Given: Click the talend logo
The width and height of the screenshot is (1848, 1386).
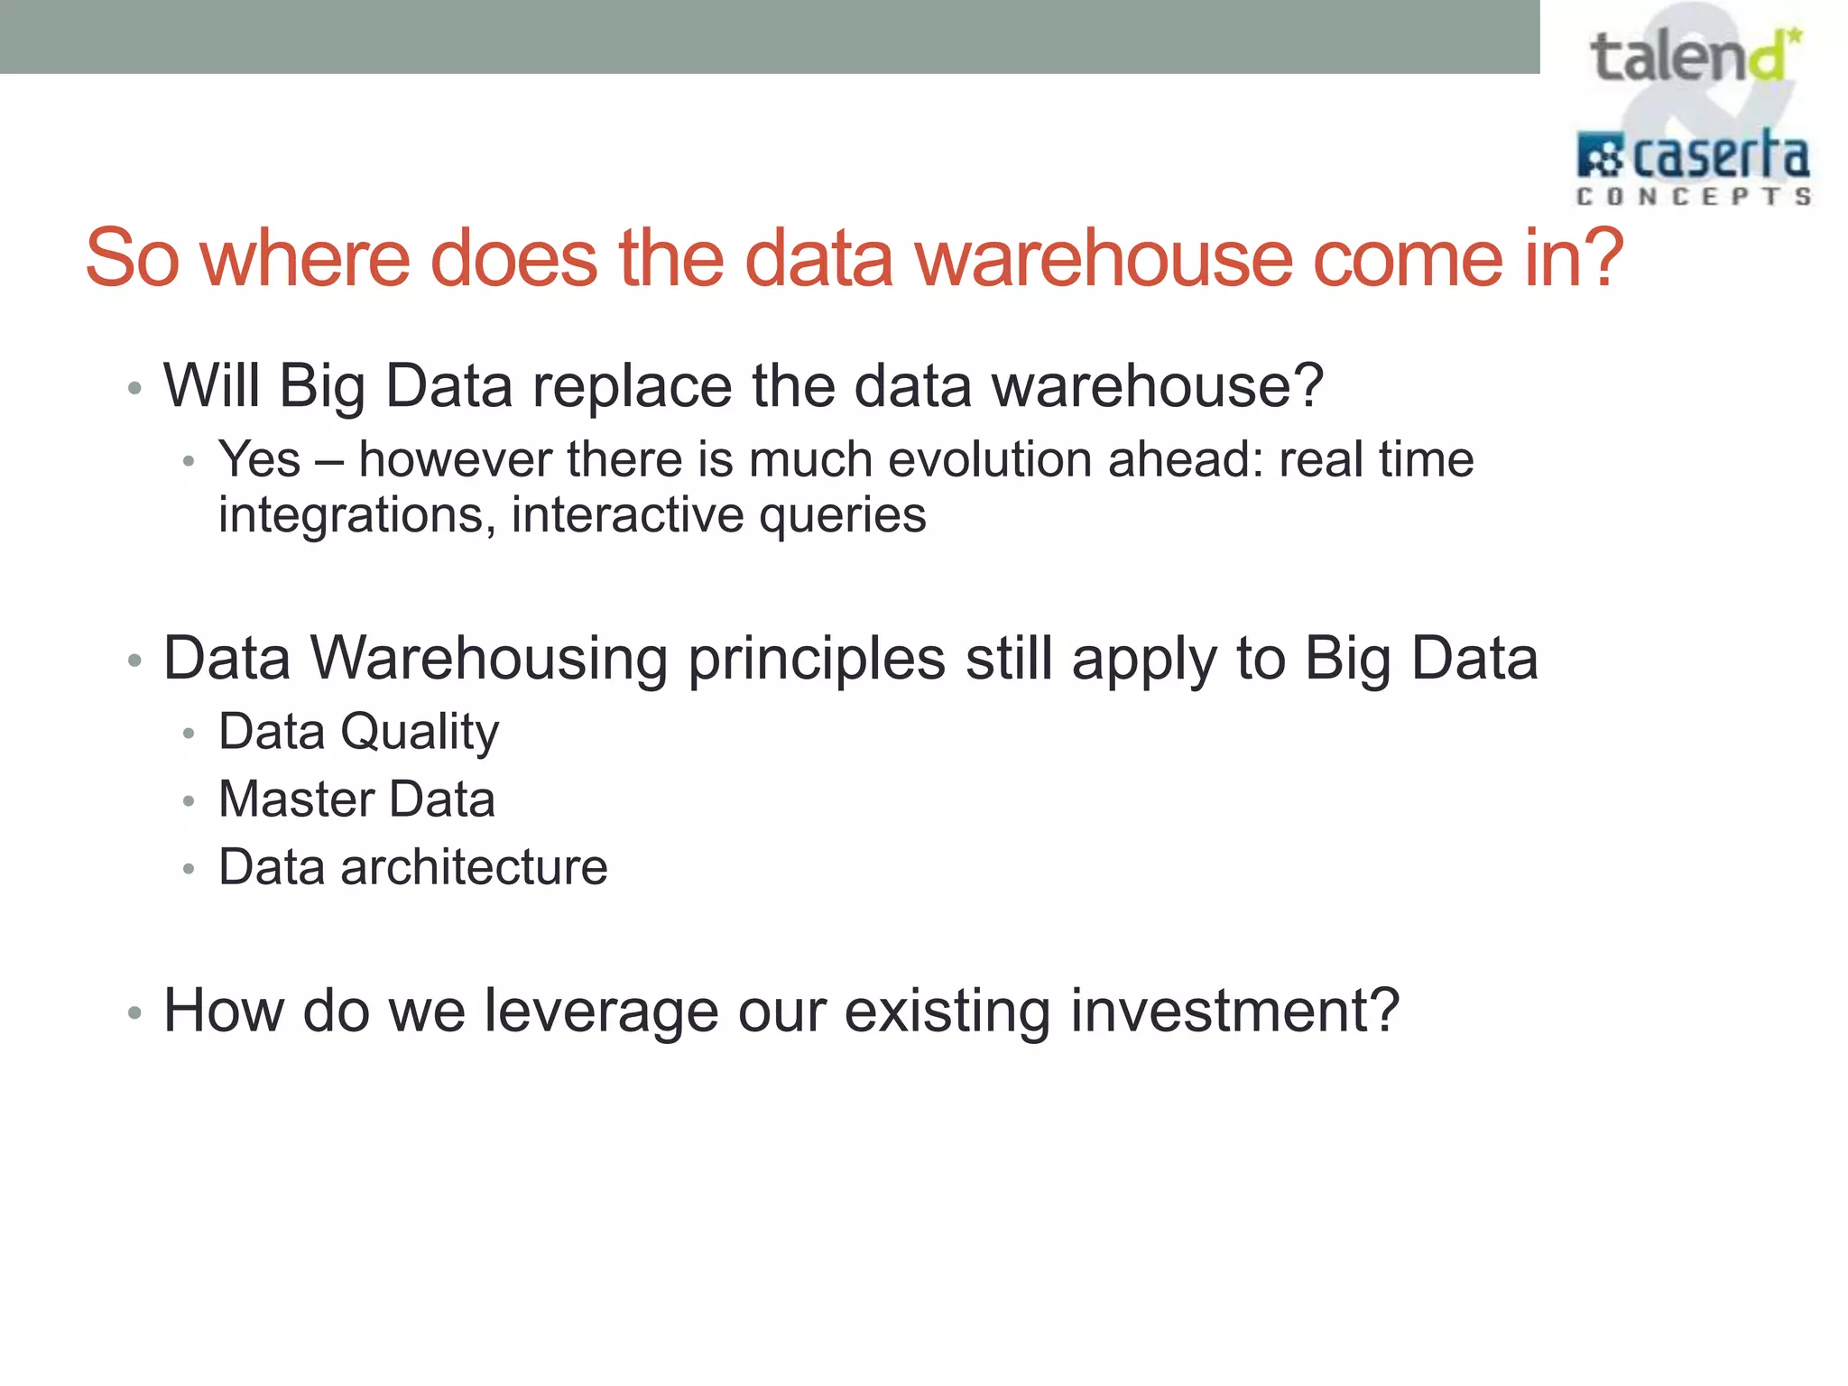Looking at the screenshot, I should tap(1693, 57).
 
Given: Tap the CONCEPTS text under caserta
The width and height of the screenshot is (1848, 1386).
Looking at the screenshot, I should tap(1693, 197).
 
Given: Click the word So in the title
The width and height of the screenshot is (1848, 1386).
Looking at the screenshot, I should tap(132, 259).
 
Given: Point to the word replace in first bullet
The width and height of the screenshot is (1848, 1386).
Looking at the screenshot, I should tap(632, 387).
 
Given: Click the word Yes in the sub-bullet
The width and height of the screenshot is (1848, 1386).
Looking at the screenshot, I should tap(259, 459).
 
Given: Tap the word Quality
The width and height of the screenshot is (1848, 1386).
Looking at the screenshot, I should tap(419, 732).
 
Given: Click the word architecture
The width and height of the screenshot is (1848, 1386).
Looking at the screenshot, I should tap(474, 867).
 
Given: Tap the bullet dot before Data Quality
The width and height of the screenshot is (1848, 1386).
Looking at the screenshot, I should tap(189, 734).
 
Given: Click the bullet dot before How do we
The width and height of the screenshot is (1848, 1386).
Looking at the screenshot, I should tap(134, 1013).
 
